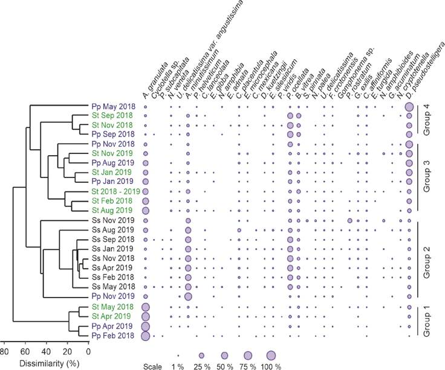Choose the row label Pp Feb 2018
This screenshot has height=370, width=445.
(113, 335)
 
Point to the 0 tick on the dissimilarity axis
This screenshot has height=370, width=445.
(88, 352)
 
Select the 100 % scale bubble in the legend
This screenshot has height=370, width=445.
(271, 356)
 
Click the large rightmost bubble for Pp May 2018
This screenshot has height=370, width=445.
(409, 107)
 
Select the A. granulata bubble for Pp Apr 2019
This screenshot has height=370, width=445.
(145, 326)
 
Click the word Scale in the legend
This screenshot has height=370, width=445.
(153, 366)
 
